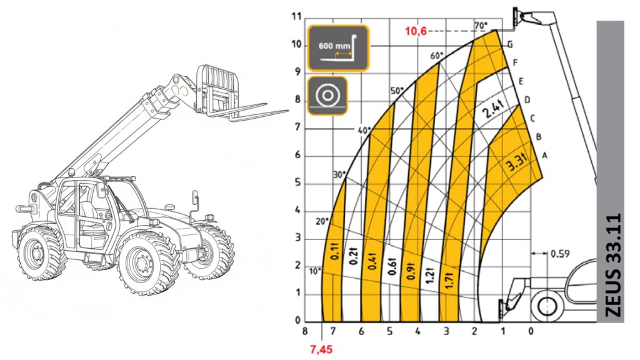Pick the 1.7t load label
(x=451, y=276)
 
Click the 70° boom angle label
(x=480, y=26)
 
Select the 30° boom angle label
(x=339, y=175)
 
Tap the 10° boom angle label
(x=314, y=271)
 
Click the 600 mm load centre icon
(x=337, y=47)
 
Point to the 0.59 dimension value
(x=560, y=254)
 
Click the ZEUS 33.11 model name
(x=613, y=269)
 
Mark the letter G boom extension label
(x=510, y=44)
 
